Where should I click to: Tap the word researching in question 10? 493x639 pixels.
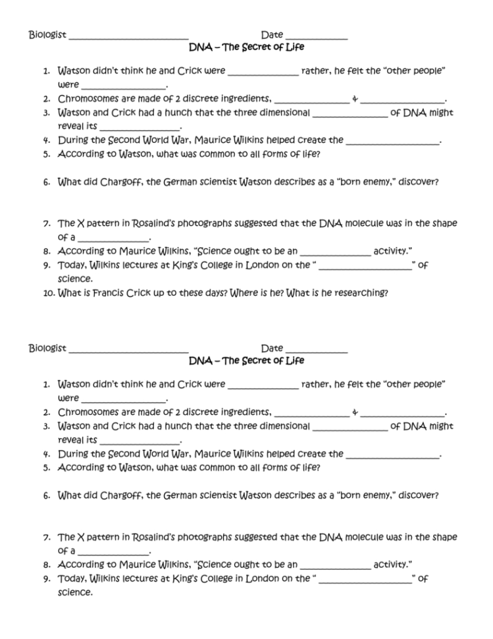tap(361, 293)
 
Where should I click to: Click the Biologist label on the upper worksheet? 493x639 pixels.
tap(47, 34)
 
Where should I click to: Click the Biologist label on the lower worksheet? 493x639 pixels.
tap(47, 348)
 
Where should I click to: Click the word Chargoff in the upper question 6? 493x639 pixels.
tap(122, 182)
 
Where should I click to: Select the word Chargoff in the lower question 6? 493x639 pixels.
tap(122, 495)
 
